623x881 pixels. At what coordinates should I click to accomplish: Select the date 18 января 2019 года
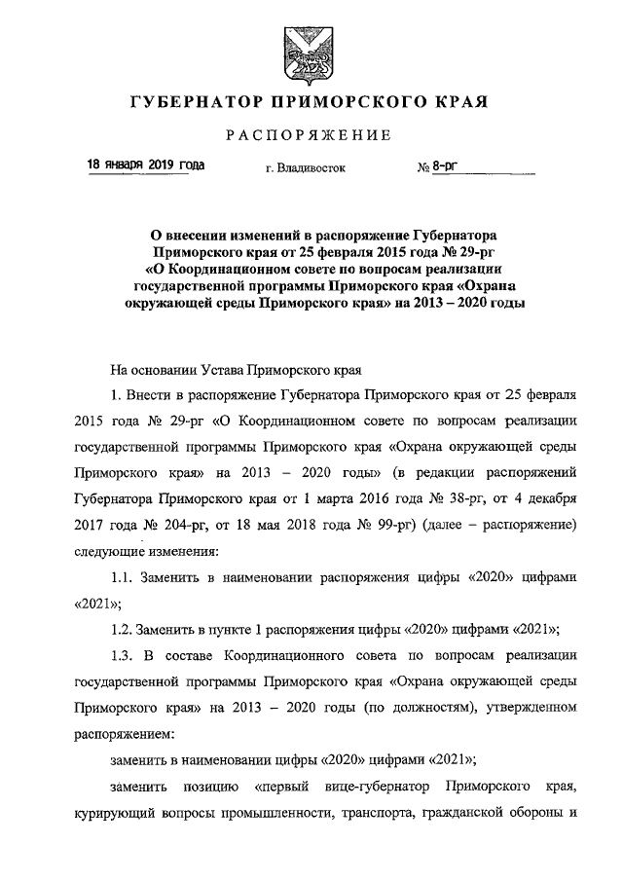click(146, 165)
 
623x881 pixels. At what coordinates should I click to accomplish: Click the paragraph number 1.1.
click(128, 577)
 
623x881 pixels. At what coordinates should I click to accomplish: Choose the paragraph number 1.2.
click(128, 627)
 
